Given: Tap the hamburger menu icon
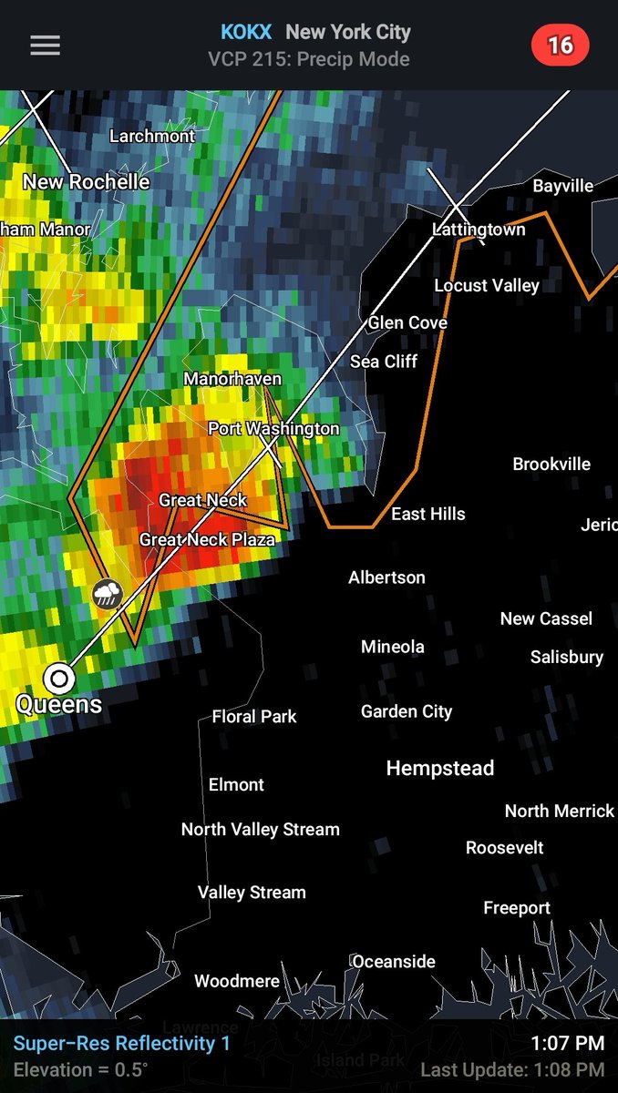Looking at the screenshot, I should (45, 46).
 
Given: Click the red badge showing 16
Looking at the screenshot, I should (560, 45).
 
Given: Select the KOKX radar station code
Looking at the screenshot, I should (245, 32).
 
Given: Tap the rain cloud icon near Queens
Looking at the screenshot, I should (108, 595).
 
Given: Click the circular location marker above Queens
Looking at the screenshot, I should (59, 678).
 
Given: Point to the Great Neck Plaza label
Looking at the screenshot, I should (207, 540).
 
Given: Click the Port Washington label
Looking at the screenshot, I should (273, 428).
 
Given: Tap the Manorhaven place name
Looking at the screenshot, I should (232, 379).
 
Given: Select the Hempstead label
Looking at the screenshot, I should (439, 769).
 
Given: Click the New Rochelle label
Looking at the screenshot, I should (86, 182).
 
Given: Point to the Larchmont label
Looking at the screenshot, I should (152, 136).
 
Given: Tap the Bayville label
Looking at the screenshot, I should (562, 186).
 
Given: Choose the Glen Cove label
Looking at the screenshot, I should (407, 322).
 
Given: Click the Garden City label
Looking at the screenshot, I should (407, 711).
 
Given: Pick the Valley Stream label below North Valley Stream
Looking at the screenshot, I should (252, 893).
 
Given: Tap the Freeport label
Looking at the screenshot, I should (517, 908).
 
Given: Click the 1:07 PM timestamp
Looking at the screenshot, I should (567, 1043).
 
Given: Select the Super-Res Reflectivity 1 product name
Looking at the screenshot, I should (121, 1044).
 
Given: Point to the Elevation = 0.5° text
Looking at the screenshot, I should (80, 1069).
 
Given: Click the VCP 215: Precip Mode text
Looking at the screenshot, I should (309, 59).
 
